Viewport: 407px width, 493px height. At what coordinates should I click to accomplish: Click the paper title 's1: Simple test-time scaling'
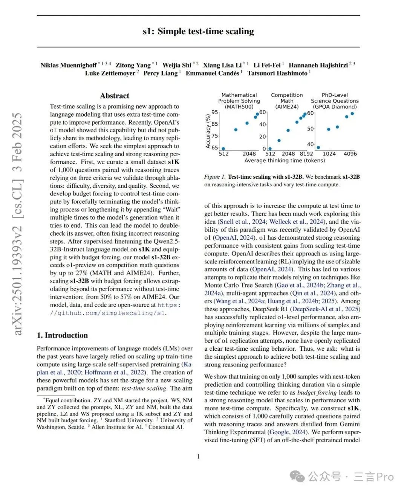coord(198,31)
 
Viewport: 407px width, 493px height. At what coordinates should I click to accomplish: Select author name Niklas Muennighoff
coord(68,65)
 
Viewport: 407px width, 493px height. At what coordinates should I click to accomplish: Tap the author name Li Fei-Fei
coord(267,65)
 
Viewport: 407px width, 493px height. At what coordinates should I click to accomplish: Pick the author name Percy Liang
coord(160,73)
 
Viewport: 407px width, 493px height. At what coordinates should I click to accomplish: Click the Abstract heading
coord(115,96)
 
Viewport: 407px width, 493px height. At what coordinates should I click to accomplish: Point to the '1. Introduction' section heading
coord(62,335)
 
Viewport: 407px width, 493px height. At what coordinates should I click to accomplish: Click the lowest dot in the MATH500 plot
coord(223,149)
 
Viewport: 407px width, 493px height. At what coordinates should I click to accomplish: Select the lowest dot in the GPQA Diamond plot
coord(318,148)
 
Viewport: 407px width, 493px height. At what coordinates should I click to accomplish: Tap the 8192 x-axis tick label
coord(306,154)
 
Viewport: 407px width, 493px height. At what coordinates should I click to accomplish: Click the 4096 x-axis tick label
coord(350,154)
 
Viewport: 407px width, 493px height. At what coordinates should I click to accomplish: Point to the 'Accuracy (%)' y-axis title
coord(208,131)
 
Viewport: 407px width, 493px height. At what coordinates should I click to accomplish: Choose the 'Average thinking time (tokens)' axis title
coord(285,161)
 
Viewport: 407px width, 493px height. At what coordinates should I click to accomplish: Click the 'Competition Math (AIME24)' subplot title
coord(287,101)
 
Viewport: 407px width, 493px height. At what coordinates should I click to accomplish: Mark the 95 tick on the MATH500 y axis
coord(214,112)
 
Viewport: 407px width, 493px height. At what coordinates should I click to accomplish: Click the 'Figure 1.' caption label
coord(214,177)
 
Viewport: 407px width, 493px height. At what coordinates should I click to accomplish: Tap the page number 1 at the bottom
coord(198,456)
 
